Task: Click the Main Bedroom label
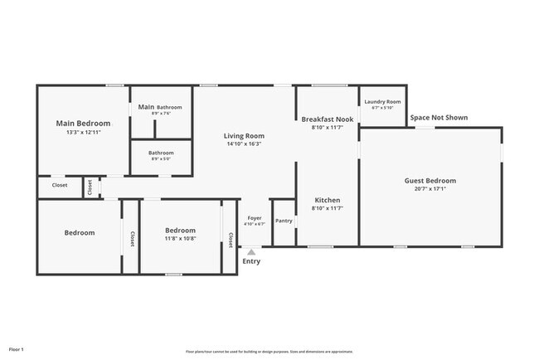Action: click(82, 123)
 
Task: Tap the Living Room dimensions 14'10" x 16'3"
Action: click(244, 144)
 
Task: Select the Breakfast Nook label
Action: click(327, 119)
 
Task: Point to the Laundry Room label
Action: click(382, 101)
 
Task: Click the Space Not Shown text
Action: click(439, 118)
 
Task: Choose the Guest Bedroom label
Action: click(430, 181)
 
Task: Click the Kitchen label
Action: click(327, 201)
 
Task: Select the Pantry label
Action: click(284, 221)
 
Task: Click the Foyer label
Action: click(255, 219)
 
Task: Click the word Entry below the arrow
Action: click(251, 261)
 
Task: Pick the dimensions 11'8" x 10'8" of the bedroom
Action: click(180, 238)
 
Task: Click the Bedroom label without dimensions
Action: click(80, 233)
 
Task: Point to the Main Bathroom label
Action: click(160, 107)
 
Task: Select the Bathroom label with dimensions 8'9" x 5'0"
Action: click(161, 153)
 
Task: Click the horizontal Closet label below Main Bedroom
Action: click(60, 186)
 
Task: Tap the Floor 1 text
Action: click(17, 349)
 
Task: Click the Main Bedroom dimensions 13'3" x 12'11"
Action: click(82, 132)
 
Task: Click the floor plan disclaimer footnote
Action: click(269, 350)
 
